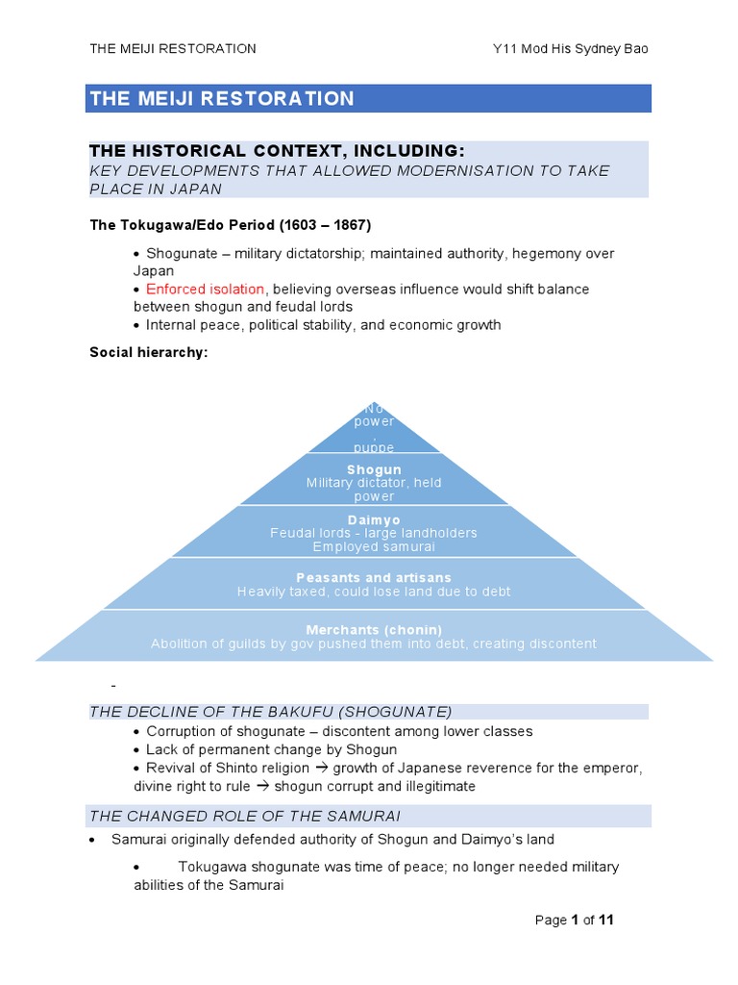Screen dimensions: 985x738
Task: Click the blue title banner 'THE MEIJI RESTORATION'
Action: coord(368,98)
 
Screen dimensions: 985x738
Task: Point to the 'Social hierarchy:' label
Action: coord(149,352)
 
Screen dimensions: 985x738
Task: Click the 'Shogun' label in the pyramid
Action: coord(374,469)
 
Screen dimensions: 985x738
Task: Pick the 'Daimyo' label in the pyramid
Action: coord(374,519)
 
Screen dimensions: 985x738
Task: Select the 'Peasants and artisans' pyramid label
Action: coord(374,578)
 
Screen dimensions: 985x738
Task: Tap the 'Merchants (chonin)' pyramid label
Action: coord(374,629)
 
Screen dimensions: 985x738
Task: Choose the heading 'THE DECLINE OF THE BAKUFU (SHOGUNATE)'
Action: coord(270,712)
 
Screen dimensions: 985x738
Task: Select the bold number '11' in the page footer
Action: coord(605,920)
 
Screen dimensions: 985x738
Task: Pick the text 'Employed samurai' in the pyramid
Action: coord(374,546)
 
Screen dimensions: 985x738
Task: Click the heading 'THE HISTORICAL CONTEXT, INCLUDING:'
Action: coord(277,151)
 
